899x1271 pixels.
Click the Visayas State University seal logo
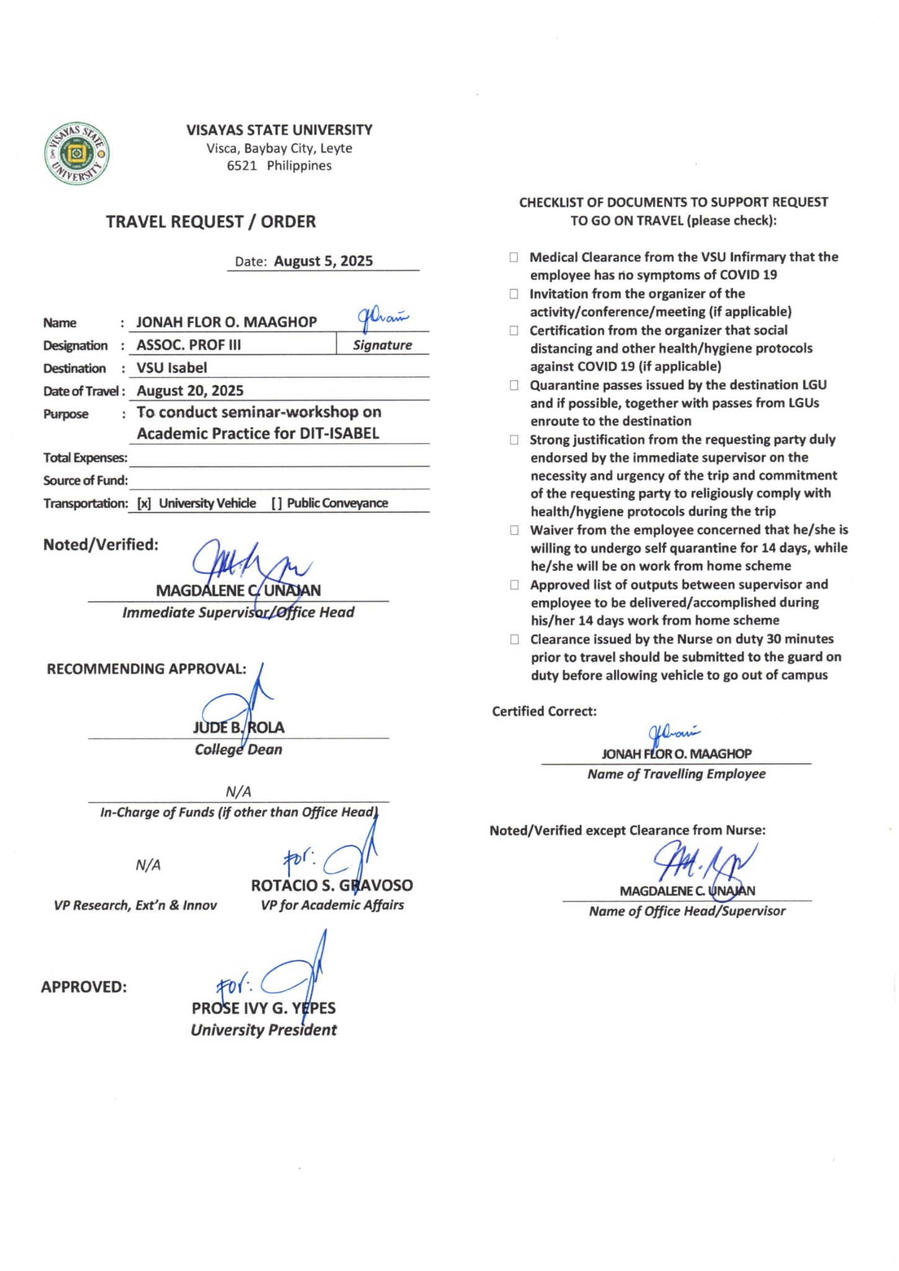(x=77, y=153)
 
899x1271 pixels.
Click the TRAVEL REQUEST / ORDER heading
(x=210, y=222)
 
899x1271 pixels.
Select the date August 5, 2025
(x=323, y=261)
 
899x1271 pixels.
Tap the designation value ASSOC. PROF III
(x=189, y=345)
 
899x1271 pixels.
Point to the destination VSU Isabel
(x=172, y=368)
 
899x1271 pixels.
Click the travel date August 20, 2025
(x=190, y=391)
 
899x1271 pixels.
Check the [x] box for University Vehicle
(x=144, y=503)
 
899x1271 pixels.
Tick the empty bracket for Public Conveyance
(x=276, y=503)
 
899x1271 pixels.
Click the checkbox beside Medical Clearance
(x=514, y=257)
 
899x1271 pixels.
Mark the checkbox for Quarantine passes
(x=514, y=385)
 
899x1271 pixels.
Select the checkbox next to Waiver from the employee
(x=514, y=530)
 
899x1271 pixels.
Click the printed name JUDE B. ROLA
(x=238, y=727)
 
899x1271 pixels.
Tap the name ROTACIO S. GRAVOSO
(x=332, y=886)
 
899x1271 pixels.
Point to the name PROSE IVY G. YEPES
(x=264, y=1008)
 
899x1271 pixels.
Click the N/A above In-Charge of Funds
(x=238, y=791)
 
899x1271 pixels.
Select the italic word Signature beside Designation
(x=382, y=345)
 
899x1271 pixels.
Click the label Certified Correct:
(x=544, y=711)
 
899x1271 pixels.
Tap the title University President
(x=264, y=1030)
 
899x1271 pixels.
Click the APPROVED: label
(x=84, y=987)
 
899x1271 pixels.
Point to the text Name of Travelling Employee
(x=676, y=774)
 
